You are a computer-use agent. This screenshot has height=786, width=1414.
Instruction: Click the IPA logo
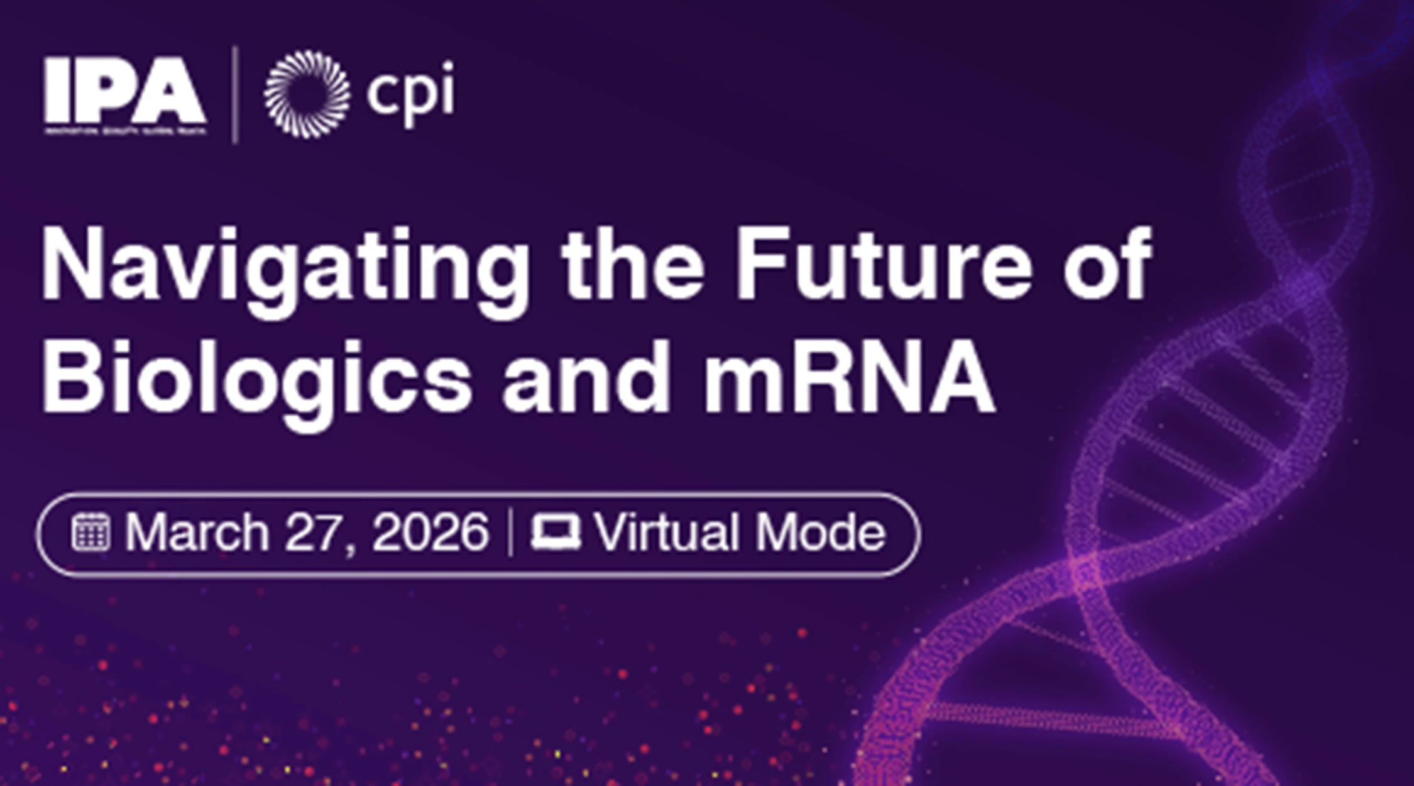pos(124,91)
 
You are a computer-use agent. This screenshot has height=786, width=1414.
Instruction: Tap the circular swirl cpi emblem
pos(307,94)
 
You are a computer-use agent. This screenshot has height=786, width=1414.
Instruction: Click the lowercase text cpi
pos(410,93)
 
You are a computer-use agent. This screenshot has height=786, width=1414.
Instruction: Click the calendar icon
pos(91,533)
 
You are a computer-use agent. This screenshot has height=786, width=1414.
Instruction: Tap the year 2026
pos(430,533)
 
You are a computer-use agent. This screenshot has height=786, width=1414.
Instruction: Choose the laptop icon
pos(556,533)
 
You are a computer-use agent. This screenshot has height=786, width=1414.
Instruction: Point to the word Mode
pos(821,533)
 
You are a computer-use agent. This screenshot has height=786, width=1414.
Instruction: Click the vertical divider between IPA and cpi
pos(235,94)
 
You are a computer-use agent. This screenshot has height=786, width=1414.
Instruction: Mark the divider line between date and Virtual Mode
pos(510,533)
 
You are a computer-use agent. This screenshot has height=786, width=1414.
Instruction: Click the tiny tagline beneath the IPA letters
pos(124,131)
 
